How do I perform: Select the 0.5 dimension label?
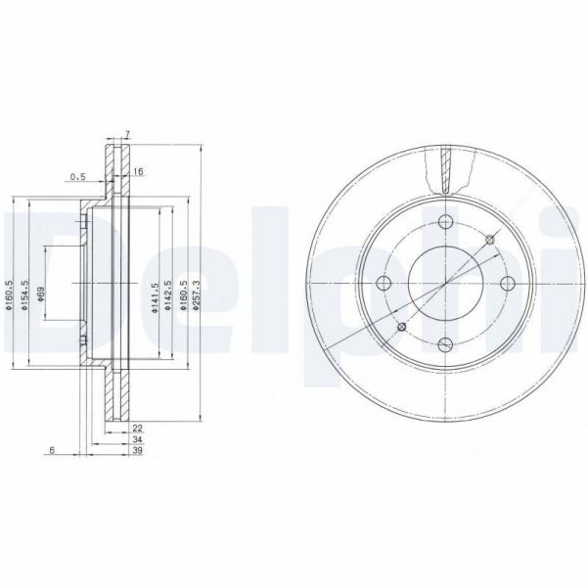[x=77, y=177]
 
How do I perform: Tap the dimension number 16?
[x=139, y=171]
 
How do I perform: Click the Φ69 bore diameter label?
[x=40, y=296]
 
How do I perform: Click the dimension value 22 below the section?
[x=138, y=429]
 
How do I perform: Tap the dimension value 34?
[x=138, y=440]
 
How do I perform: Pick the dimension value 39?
[x=138, y=452]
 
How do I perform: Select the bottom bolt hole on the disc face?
[x=445, y=343]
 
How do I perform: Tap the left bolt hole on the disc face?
[x=384, y=283]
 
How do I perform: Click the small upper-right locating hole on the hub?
[x=488, y=240]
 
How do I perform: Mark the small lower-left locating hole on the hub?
[x=401, y=327]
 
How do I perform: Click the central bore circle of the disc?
[x=445, y=283]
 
